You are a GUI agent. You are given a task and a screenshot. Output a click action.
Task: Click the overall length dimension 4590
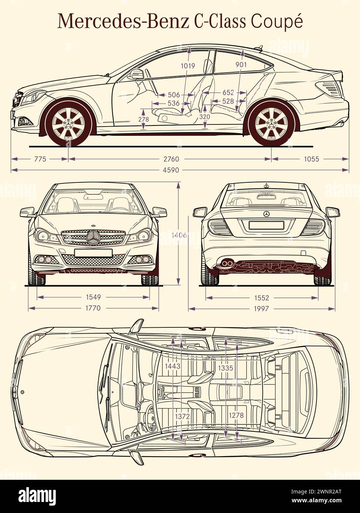coord(171,170)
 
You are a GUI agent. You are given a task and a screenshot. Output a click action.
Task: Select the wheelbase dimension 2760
coord(171,159)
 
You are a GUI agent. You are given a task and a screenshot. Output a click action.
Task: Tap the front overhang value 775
coord(40,159)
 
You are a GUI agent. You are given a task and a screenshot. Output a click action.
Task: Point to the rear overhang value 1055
coord(311,159)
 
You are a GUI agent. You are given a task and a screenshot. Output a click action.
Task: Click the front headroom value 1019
coord(188,66)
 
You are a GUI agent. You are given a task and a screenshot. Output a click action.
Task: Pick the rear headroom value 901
coord(241,64)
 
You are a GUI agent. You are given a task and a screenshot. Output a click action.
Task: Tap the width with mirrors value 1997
coord(261,309)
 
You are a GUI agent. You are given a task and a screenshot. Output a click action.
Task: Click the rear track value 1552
coord(261,298)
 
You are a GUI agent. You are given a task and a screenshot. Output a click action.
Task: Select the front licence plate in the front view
coord(93,252)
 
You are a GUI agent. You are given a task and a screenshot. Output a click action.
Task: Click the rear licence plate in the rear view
coord(266,225)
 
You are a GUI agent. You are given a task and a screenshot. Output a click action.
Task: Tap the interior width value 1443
coord(173,366)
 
